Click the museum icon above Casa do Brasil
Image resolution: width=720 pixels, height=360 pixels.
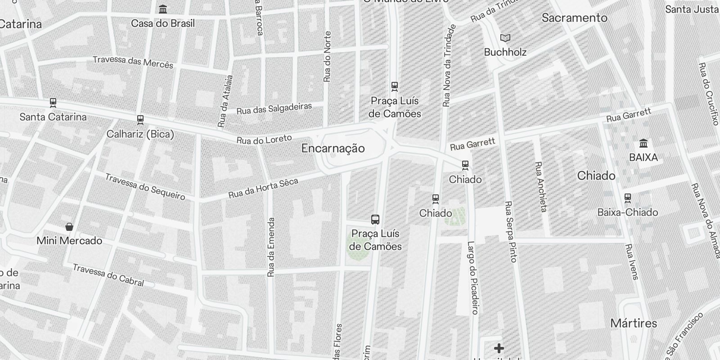(x=163, y=9)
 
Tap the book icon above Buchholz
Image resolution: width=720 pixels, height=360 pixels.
(x=505, y=38)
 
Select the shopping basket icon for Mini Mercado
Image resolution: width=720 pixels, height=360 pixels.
(x=69, y=226)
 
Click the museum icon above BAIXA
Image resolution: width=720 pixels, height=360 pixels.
(x=643, y=144)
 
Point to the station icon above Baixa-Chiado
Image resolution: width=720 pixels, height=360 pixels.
(x=628, y=198)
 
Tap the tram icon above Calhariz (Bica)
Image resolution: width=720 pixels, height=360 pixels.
(x=140, y=120)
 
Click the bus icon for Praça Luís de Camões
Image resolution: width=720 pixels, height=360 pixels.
(x=375, y=219)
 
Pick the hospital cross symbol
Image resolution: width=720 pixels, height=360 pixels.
(x=499, y=348)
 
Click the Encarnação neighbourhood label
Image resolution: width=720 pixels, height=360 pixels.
(x=333, y=148)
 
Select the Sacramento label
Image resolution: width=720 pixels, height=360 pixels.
(x=574, y=18)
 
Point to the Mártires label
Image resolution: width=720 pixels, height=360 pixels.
(x=633, y=323)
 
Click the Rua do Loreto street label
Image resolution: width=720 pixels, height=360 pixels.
(x=264, y=140)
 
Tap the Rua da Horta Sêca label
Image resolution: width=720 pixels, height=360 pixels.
(x=263, y=188)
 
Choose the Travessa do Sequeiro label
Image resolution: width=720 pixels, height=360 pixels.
(x=145, y=186)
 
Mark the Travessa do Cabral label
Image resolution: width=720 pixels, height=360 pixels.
(x=108, y=275)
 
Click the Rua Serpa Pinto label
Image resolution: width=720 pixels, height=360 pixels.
(x=511, y=231)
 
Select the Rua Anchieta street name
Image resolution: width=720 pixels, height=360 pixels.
(x=540, y=186)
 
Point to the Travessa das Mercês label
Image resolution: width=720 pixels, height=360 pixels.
(x=133, y=62)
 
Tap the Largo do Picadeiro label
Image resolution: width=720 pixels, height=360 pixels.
(x=472, y=277)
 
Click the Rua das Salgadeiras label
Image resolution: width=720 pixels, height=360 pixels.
(x=274, y=108)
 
